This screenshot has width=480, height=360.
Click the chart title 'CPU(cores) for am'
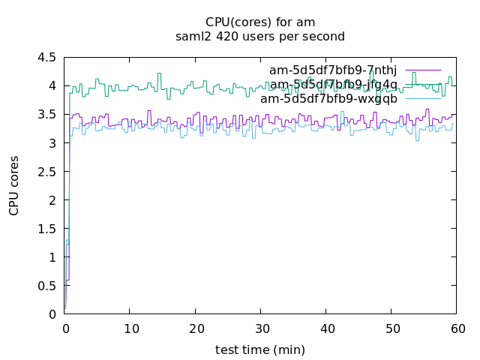tap(259, 22)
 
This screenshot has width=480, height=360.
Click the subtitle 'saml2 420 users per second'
tap(259, 36)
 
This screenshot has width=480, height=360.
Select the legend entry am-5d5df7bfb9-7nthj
tap(333, 70)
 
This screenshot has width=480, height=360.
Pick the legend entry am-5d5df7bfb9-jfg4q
tap(334, 84)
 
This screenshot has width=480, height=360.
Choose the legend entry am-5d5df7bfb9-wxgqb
tap(328, 98)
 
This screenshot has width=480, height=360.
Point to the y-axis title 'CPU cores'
tap(14, 186)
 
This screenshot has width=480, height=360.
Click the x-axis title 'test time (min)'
tap(259, 349)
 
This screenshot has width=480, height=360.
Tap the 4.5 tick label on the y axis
tap(46, 57)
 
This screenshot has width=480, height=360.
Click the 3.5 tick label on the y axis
tap(46, 114)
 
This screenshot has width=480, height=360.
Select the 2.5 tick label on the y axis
tap(46, 172)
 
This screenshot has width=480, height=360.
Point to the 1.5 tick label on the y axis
tap(46, 229)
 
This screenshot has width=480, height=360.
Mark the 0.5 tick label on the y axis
tap(46, 286)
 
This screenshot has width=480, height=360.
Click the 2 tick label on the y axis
tap(52, 200)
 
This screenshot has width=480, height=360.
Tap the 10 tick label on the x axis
tap(130, 328)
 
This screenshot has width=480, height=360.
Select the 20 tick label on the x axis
tap(195, 328)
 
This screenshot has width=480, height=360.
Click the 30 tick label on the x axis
tap(260, 328)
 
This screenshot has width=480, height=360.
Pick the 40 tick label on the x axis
tap(325, 328)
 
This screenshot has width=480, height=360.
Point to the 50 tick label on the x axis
tap(391, 328)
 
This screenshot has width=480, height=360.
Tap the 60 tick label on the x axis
tap(456, 328)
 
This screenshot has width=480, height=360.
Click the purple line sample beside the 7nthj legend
tap(423, 70)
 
